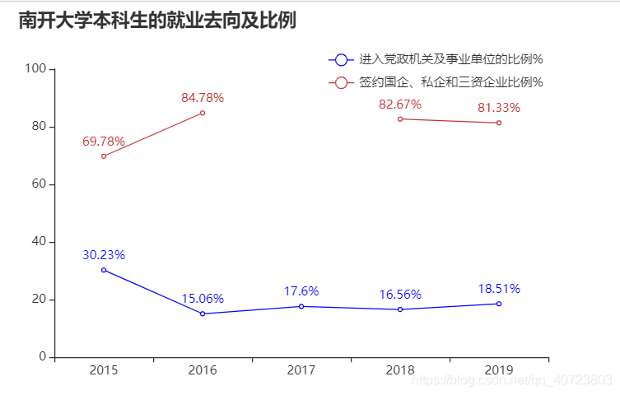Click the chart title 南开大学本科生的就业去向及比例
(157, 21)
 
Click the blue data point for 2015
(104, 270)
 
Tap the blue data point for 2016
(203, 314)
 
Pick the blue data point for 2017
(301, 306)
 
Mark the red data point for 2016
(203, 113)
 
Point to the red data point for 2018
(400, 118)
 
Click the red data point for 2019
(499, 123)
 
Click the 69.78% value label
(104, 142)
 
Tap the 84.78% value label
(203, 98)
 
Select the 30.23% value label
(104, 255)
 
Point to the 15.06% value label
(203, 299)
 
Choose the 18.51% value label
(499, 289)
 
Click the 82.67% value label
(400, 105)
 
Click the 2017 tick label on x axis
(301, 371)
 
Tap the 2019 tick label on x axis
(499, 371)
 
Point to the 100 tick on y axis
(35, 69)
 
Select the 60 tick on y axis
(38, 184)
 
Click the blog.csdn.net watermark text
(511, 379)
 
